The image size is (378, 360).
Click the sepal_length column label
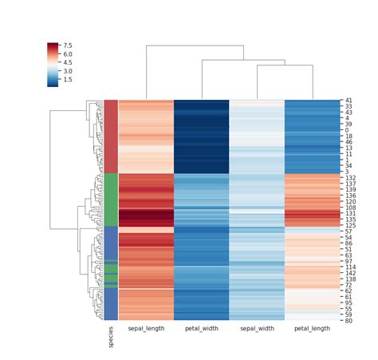pyautogui.click(x=146, y=327)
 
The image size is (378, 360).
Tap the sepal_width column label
pyautogui.click(x=256, y=327)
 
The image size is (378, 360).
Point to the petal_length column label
pyautogui.click(x=312, y=327)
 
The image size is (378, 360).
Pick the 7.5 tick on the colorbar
pyautogui.click(x=69, y=45)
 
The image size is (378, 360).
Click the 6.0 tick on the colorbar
pyautogui.click(x=69, y=53)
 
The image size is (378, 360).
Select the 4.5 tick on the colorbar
pyautogui.click(x=69, y=62)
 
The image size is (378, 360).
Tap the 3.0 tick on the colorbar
pyautogui.click(x=69, y=71)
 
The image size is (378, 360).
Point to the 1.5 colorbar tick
pyautogui.click(x=69, y=80)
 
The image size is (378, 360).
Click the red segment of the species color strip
pyautogui.click(x=111, y=136)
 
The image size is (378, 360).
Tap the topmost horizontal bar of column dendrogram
pyautogui.click(x=195, y=46)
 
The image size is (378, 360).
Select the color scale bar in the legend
pyautogui.click(x=53, y=64)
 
